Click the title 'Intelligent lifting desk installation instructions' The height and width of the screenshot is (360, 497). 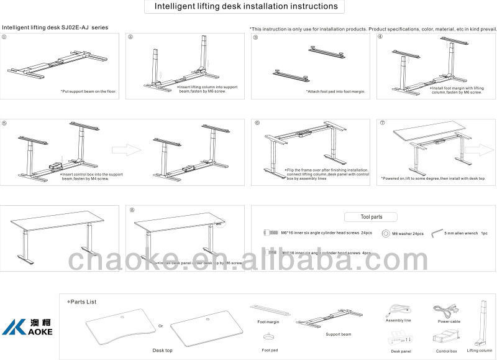pyautogui.click(x=241, y=7)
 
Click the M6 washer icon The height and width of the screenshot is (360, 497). pyautogui.click(x=385, y=234)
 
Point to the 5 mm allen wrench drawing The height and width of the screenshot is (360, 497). pyautogui.click(x=435, y=233)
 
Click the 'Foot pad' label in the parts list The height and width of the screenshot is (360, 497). pyautogui.click(x=270, y=350)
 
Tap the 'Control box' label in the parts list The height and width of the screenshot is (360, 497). pyautogui.click(x=446, y=351)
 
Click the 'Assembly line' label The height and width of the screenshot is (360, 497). pyautogui.click(x=398, y=321)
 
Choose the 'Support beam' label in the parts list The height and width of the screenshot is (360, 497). pyautogui.click(x=338, y=334)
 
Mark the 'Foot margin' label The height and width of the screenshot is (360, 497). pyautogui.click(x=270, y=322)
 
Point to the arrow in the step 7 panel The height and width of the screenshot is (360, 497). pyautogui.click(x=477, y=150)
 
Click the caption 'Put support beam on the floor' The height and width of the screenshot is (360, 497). pyautogui.click(x=88, y=91)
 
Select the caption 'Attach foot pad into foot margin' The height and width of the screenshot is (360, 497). pyautogui.click(x=335, y=91)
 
